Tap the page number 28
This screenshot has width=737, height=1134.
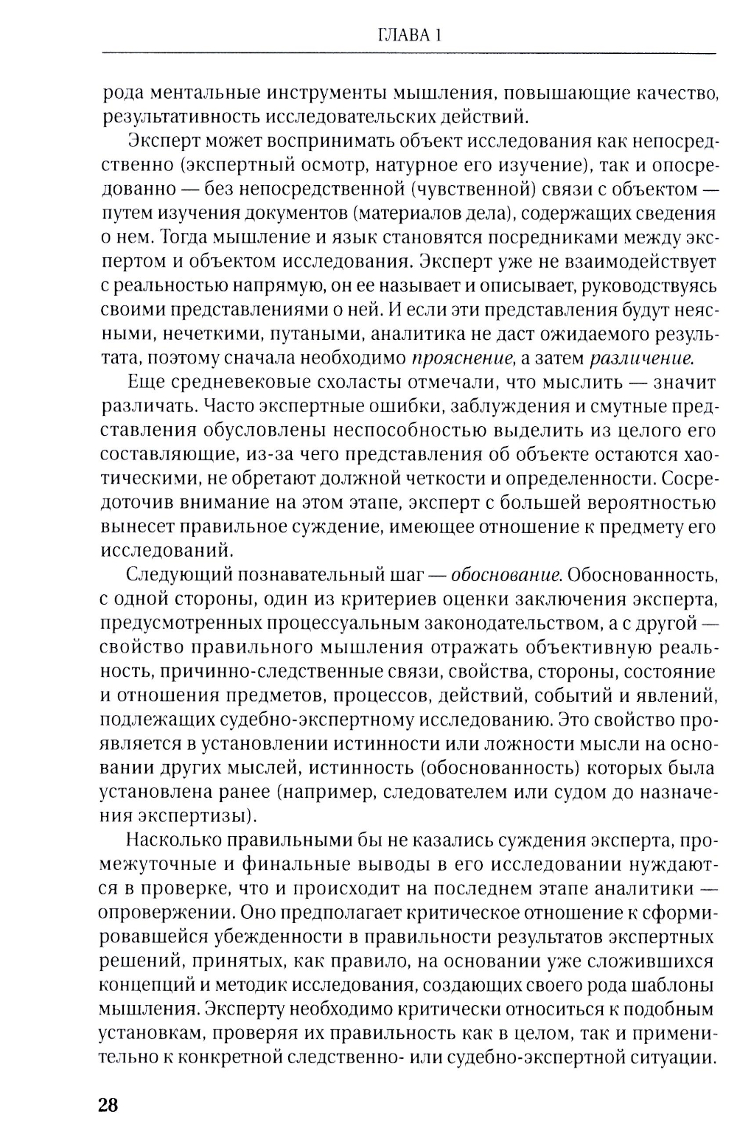108,1085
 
